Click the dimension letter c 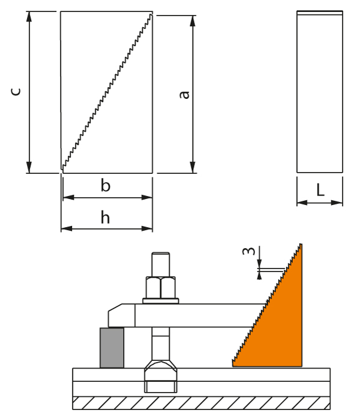click(17, 91)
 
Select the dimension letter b click(106, 186)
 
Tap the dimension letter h click(105, 218)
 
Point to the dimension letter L click(320, 191)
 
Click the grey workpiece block click(112, 347)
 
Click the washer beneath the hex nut click(161, 300)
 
